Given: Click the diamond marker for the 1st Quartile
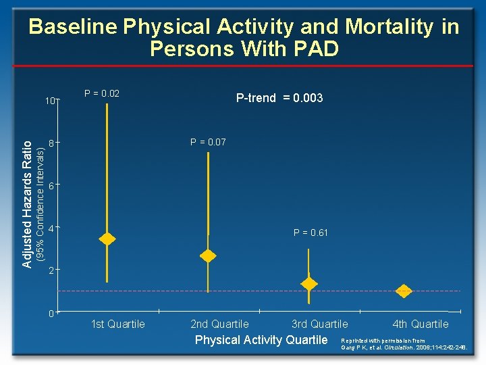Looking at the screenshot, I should point(107,239).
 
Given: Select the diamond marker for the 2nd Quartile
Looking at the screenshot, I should point(208,255).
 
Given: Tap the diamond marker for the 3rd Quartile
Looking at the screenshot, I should point(308,283).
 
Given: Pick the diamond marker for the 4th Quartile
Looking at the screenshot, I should point(404,291).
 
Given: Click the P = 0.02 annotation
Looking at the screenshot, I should point(102,93).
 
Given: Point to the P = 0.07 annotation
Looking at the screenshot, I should point(208,142).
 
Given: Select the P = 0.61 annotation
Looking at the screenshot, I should point(310,233).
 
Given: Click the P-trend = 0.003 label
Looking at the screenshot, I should point(279,98).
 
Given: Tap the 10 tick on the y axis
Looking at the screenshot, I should point(50,101).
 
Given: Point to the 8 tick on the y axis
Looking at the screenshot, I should point(51,143).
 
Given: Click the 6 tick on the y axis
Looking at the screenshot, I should point(51,186).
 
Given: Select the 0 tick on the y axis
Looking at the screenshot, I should point(51,313).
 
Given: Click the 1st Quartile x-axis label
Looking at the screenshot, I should point(117,324).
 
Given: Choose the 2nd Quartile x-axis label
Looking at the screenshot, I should point(219,324).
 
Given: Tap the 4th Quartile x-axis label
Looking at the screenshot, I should point(420,324).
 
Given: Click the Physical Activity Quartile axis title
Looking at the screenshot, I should point(261,339).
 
